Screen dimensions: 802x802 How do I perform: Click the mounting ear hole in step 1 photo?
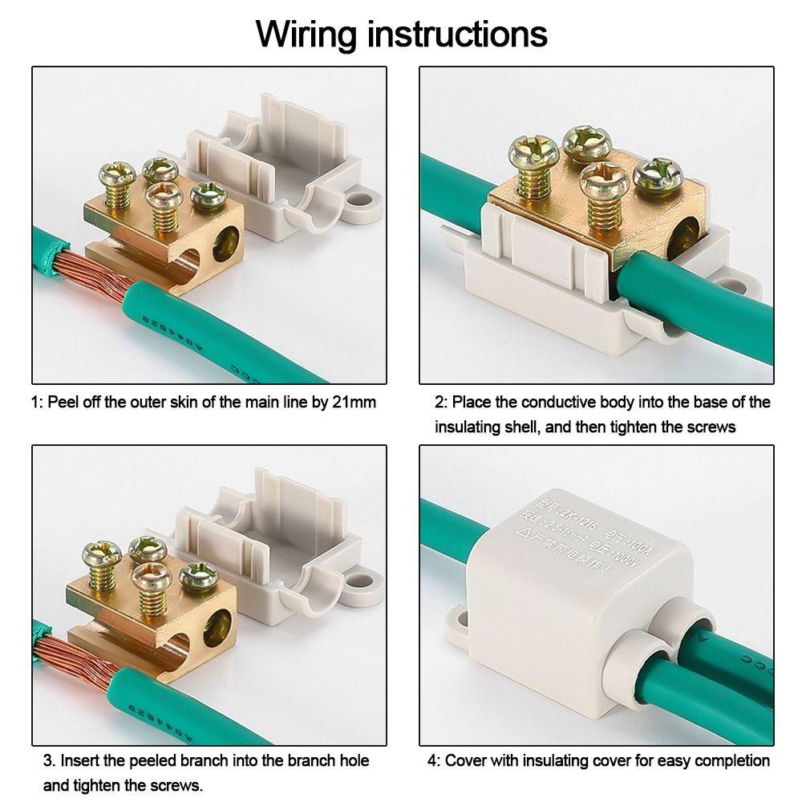[x=362, y=197]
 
